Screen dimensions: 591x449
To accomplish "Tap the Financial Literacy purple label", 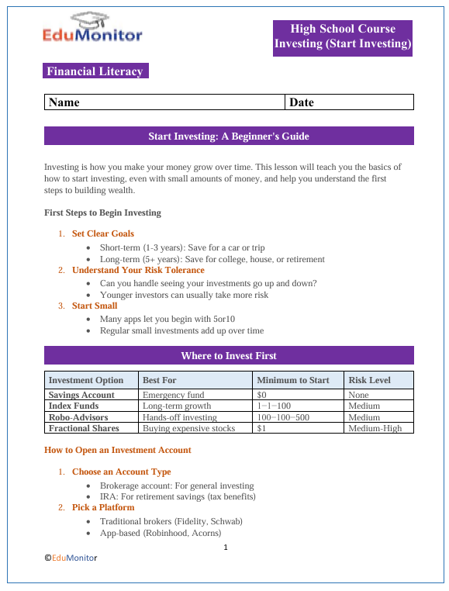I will click(95, 71).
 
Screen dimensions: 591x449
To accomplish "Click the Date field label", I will click(301, 102).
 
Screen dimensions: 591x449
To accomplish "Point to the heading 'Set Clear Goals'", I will click(103, 233).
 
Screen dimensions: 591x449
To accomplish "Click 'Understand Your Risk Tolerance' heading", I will click(138, 270).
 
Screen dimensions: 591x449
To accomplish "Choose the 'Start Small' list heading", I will click(95, 306).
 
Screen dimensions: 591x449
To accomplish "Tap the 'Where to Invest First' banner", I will click(229, 355).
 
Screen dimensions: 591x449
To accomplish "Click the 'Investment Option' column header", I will click(86, 380).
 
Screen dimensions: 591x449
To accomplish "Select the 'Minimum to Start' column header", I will click(293, 380).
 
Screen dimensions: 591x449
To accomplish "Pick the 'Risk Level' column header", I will click(370, 380).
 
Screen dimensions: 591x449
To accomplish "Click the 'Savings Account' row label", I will click(81, 395).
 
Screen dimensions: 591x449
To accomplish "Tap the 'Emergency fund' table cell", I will click(174, 395).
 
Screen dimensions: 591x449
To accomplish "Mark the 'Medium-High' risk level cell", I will click(375, 428).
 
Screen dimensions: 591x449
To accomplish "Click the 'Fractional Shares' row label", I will click(84, 428).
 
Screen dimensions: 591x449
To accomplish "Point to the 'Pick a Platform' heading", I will click(103, 507).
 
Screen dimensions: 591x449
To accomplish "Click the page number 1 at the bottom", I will click(225, 548).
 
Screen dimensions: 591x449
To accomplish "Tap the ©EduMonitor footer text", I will click(71, 557).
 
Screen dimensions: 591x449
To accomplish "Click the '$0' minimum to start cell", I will click(261, 395).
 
